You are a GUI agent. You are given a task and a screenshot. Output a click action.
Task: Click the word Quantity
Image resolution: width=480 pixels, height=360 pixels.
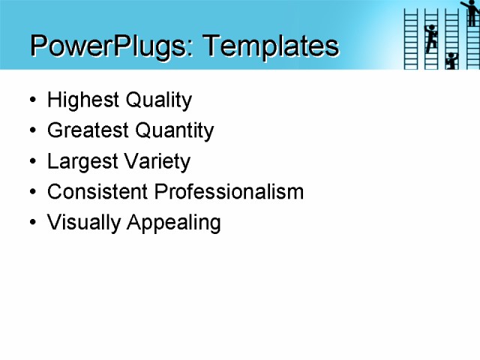click(x=175, y=130)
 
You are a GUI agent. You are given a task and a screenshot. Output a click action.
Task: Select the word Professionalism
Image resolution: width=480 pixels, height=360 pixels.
click(x=229, y=192)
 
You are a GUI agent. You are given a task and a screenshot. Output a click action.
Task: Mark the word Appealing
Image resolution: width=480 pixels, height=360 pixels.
click(x=174, y=223)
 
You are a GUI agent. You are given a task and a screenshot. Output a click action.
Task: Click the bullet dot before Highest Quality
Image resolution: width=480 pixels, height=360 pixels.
click(x=31, y=100)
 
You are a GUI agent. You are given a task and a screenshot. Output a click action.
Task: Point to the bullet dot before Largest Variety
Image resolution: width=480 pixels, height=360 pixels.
click(x=31, y=162)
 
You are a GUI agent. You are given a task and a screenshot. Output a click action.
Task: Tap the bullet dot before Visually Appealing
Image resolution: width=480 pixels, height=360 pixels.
click(x=31, y=223)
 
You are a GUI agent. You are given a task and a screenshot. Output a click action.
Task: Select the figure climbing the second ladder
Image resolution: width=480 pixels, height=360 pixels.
click(x=430, y=37)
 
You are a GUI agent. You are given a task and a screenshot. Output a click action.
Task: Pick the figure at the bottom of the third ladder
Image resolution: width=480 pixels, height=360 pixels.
click(x=451, y=61)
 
